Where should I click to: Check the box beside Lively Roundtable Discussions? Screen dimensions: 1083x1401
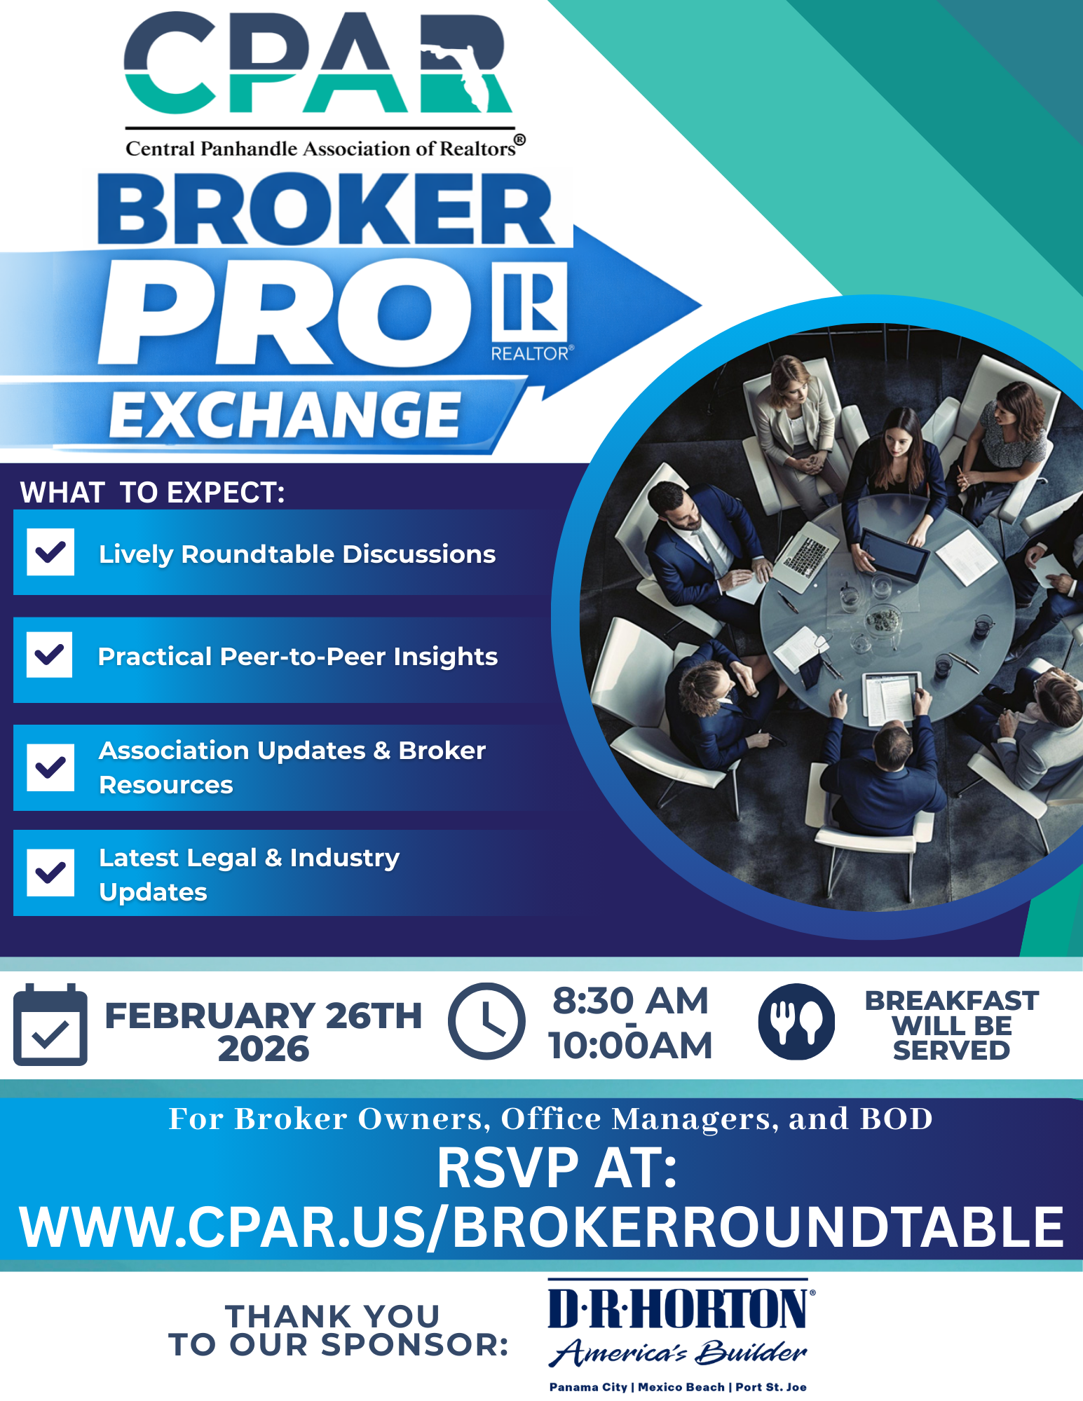[x=50, y=552]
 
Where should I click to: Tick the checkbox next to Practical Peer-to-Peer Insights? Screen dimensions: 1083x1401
[x=50, y=655]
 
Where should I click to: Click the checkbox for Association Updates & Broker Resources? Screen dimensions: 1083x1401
[x=50, y=767]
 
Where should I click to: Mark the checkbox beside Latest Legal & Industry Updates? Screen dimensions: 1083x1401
[x=50, y=873]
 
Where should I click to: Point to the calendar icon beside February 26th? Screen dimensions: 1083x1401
[x=50, y=1025]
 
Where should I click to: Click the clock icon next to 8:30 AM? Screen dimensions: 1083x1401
[x=486, y=1020]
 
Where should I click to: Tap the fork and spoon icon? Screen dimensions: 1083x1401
[x=797, y=1021]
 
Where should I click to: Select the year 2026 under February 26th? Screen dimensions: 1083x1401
[x=264, y=1048]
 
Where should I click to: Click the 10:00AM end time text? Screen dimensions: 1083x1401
[x=631, y=1045]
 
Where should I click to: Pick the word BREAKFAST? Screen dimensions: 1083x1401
[x=952, y=1000]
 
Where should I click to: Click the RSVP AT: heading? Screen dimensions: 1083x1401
[x=557, y=1168]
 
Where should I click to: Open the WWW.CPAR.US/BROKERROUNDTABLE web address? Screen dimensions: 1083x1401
[x=541, y=1227]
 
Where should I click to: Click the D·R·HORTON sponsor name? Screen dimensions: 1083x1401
[x=680, y=1308]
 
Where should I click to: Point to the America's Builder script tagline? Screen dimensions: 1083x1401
[x=678, y=1352]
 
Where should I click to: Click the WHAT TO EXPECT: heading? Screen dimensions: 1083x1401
[x=153, y=492]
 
